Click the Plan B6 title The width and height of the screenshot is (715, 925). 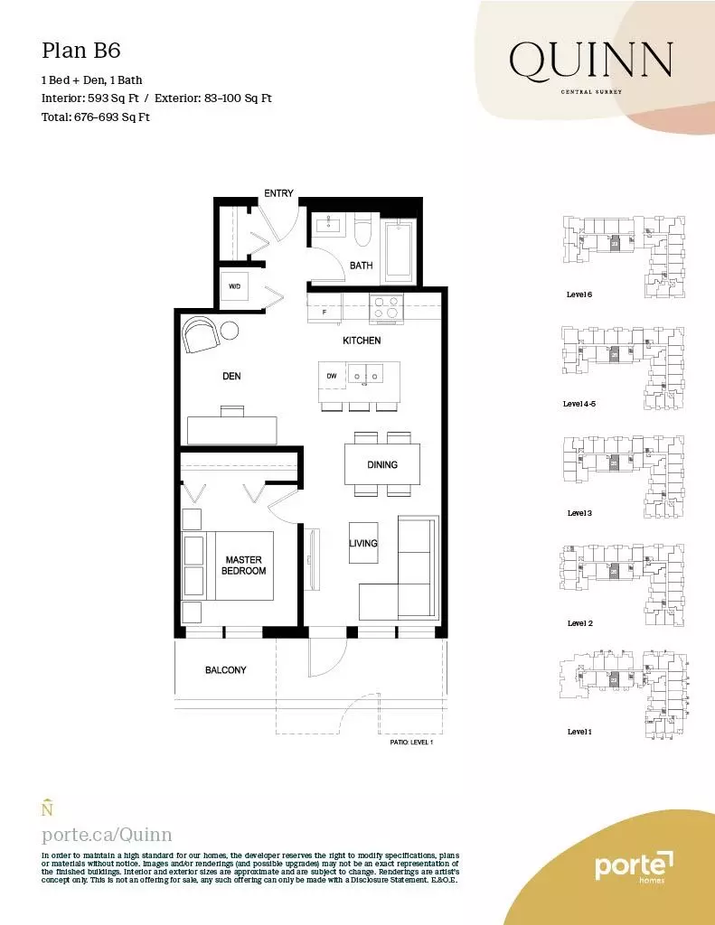click(80, 49)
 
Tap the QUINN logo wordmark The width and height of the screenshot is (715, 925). click(590, 61)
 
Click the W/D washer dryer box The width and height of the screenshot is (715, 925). click(234, 286)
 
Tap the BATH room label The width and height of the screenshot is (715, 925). click(362, 266)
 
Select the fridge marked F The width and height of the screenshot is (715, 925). click(325, 311)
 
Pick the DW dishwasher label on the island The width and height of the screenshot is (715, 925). click(332, 375)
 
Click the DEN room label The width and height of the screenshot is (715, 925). click(231, 376)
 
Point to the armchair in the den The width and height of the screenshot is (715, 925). click(201, 336)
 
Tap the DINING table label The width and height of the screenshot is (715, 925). click(382, 464)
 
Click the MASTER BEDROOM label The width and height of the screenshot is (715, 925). click(244, 565)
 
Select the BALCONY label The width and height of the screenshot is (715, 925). click(225, 670)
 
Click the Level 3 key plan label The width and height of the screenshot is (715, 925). click(579, 513)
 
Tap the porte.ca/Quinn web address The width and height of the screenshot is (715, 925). click(107, 835)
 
